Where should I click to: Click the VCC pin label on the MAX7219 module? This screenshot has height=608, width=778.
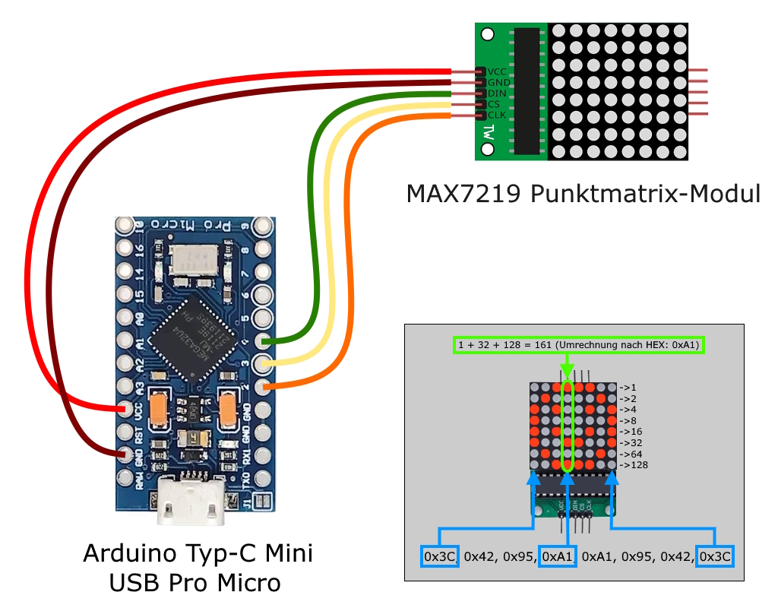497,71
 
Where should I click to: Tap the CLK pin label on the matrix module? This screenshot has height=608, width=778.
497,115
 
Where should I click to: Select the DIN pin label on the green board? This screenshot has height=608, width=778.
497,93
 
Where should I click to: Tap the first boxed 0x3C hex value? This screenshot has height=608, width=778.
440,556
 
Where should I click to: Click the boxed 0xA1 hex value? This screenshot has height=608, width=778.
558,556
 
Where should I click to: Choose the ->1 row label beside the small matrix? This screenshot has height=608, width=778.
628,386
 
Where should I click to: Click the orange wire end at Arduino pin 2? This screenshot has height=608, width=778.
266,388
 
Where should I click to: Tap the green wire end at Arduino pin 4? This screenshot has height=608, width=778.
265,341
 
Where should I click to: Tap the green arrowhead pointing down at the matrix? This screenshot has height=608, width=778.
567,372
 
